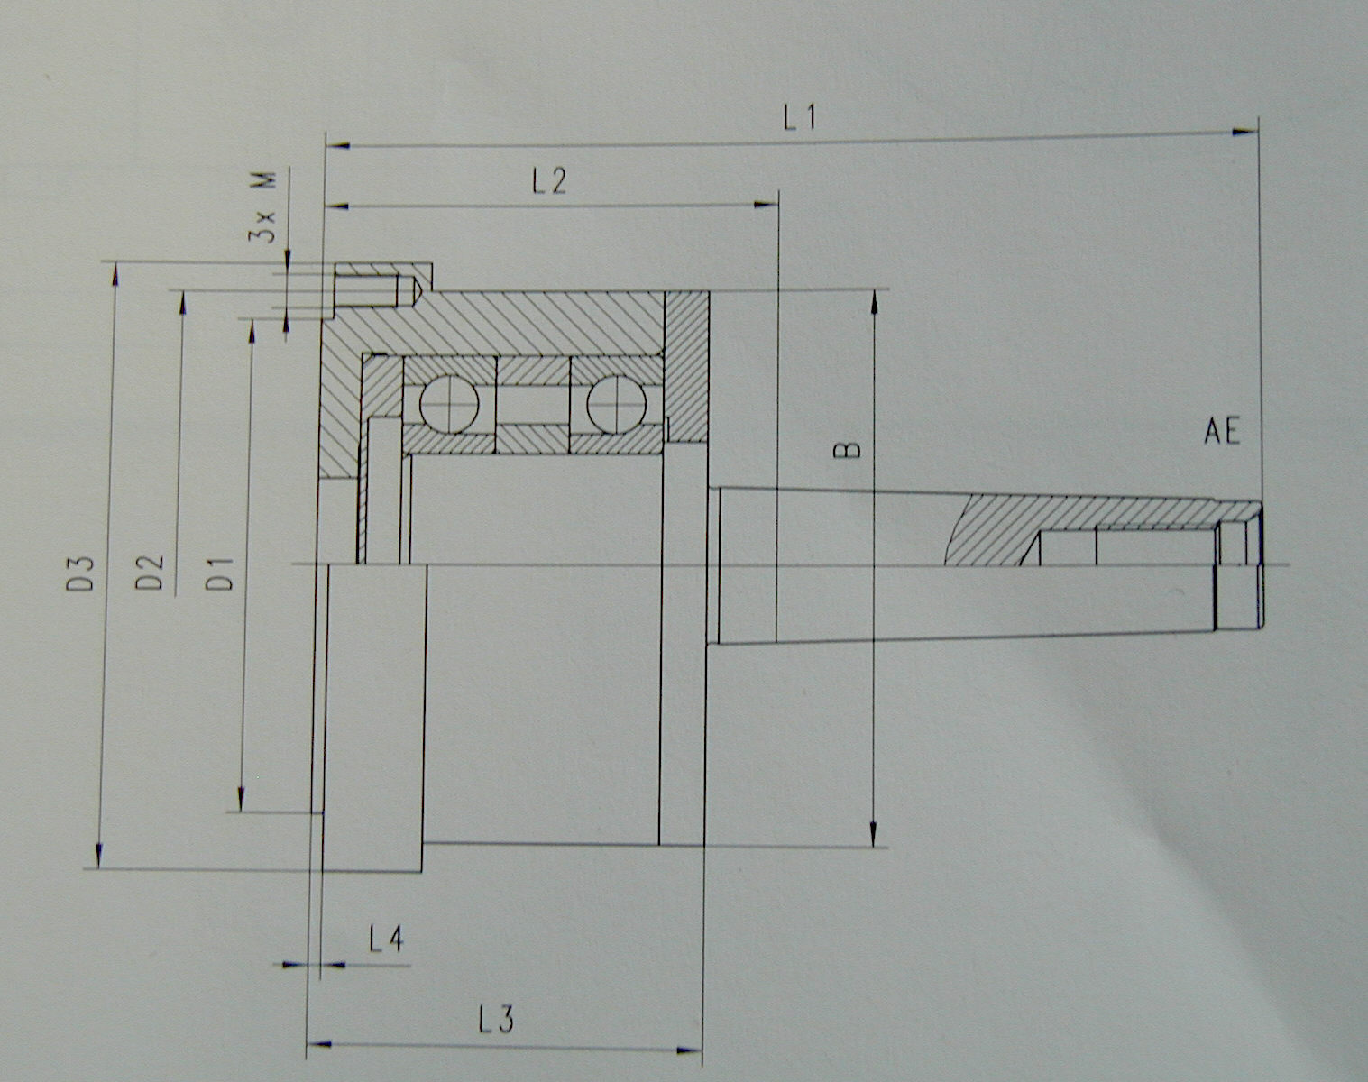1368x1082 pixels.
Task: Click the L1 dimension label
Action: [800, 117]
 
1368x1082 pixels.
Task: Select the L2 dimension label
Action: [549, 180]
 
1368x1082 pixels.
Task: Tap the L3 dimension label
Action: [496, 1020]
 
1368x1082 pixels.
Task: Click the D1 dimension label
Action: [221, 573]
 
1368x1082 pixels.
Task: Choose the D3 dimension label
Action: [81, 573]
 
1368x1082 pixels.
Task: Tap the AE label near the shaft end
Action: [1223, 432]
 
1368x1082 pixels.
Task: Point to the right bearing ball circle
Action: [616, 403]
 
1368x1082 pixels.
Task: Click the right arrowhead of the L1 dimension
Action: [1247, 133]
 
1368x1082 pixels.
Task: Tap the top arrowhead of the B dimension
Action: [874, 300]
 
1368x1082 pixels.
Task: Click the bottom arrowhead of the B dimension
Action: [874, 836]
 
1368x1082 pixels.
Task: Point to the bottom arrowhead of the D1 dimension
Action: [241, 800]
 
